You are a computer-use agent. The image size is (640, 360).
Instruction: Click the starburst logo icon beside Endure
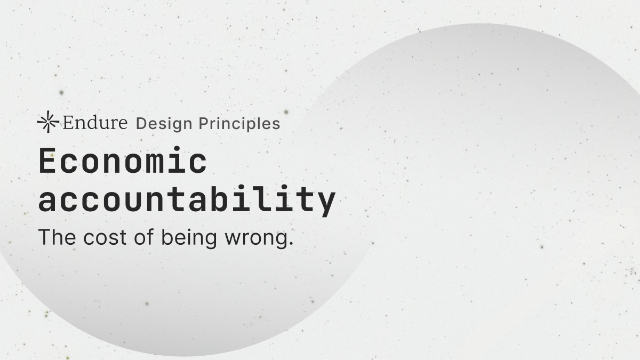click(48, 122)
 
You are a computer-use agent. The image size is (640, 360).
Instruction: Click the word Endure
click(95, 122)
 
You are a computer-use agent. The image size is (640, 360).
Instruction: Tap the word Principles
click(239, 123)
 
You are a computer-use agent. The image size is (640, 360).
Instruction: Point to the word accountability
click(187, 199)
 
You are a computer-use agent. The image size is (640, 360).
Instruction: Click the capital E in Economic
click(47, 160)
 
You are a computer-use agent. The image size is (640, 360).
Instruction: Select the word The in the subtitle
click(57, 237)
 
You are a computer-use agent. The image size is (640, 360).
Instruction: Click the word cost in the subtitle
click(105, 238)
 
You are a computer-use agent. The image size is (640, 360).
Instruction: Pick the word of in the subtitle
click(143, 237)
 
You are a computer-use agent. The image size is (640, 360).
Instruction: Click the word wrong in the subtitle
click(257, 239)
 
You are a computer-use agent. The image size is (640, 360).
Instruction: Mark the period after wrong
click(291, 243)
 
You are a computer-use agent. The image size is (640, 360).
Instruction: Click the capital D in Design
click(142, 123)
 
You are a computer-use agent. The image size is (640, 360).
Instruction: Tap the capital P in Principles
click(204, 123)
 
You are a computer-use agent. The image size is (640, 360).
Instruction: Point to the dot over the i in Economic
click(178, 149)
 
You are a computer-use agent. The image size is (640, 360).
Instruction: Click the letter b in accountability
click(221, 198)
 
